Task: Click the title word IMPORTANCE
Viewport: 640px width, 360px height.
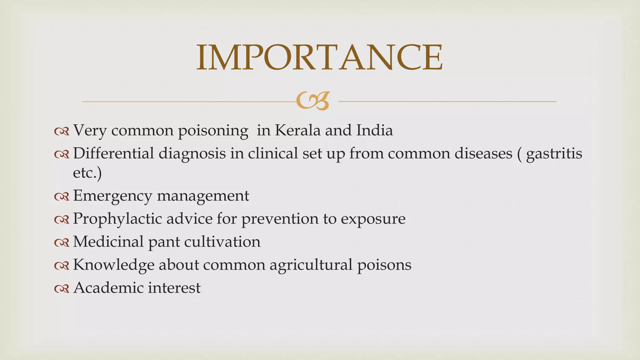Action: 319,57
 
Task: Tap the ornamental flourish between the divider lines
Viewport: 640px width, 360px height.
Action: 313,101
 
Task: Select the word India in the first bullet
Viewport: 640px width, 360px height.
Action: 375,130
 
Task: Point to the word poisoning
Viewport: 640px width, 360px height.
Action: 213,131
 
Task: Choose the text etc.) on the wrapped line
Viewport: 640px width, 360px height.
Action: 87,173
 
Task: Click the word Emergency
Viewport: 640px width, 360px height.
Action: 112,196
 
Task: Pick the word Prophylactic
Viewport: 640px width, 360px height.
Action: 117,219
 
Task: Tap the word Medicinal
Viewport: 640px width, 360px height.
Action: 108,242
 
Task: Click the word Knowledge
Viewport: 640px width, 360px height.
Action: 113,265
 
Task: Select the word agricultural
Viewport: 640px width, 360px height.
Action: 311,265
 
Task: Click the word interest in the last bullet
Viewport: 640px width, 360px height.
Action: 174,287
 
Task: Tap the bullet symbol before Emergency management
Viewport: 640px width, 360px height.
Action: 61,196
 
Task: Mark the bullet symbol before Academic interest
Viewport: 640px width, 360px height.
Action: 61,288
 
